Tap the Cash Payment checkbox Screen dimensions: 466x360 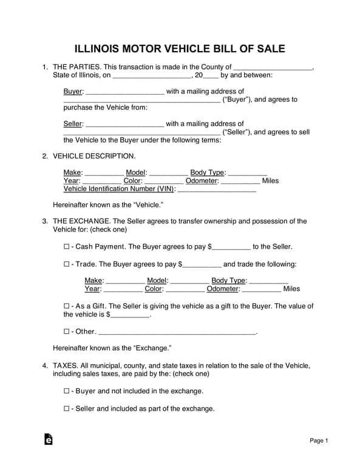point(66,248)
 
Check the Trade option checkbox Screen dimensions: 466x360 point(66,265)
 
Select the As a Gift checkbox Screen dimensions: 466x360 point(66,306)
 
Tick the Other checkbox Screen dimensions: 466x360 point(66,332)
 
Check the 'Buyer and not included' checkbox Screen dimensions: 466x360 point(66,391)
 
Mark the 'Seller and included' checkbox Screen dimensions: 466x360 point(66,409)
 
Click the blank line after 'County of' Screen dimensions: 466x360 point(273,68)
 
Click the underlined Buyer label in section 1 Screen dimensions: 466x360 point(73,92)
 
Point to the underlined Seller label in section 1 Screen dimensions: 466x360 point(73,124)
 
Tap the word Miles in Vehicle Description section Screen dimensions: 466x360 point(270,181)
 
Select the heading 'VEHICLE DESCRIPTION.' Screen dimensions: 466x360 point(90,156)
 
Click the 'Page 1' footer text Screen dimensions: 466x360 point(319,441)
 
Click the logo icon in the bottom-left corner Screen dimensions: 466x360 point(48,439)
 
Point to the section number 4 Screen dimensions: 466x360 point(45,366)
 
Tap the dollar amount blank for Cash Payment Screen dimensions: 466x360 point(231,248)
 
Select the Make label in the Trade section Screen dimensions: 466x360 point(93,280)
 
